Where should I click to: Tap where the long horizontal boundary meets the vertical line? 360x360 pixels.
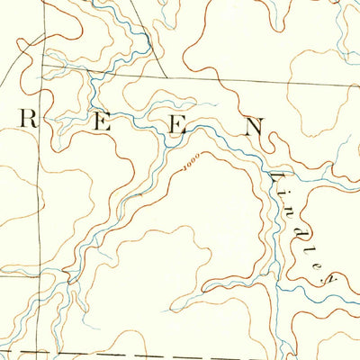pyautogui.click(x=40, y=66)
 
